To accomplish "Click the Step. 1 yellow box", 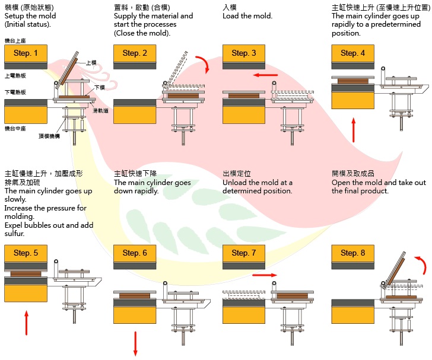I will (26, 53).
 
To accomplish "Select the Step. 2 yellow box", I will (135, 53).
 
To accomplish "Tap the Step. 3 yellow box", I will (244, 53).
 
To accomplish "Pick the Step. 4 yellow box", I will (353, 53).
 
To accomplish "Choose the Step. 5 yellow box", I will (26, 253).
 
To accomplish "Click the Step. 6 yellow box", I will (135, 253).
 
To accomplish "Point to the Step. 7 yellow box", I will (244, 253).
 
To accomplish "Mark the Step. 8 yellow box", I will (353, 253).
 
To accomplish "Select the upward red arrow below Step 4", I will (354, 129).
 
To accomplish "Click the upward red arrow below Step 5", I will (26, 323).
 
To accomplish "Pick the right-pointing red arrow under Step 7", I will (265, 275).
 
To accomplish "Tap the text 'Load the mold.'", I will (247, 16).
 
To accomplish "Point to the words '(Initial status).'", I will (28, 25).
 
